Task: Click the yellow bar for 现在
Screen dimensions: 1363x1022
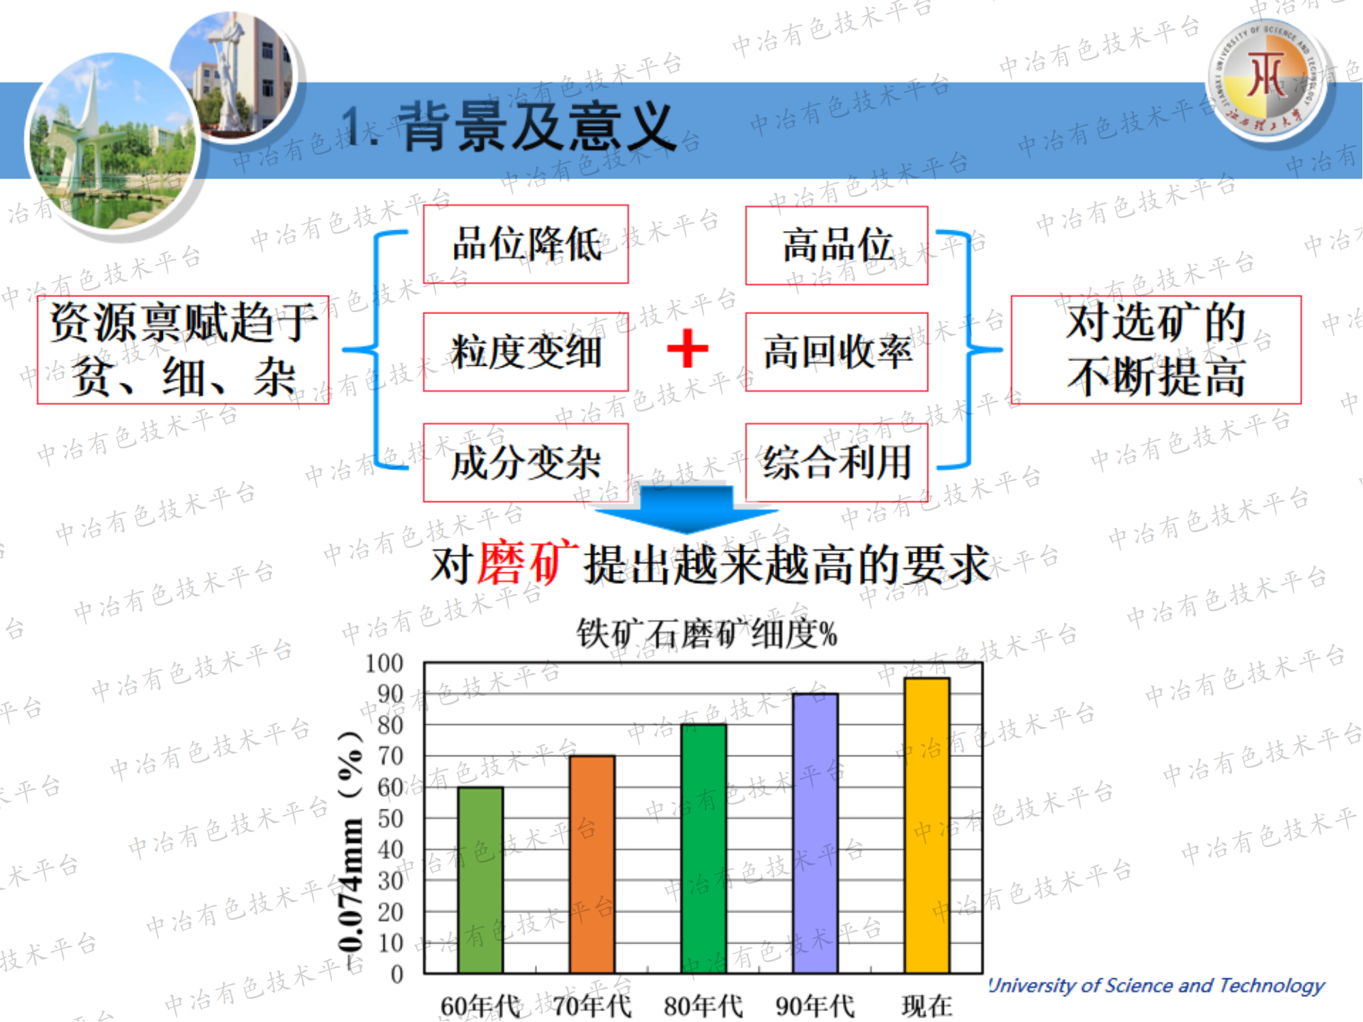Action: (x=927, y=825)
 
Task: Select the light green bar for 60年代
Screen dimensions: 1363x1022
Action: (x=480, y=880)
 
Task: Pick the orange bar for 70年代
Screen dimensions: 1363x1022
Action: (x=592, y=864)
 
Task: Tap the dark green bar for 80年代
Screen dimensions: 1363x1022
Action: (x=704, y=848)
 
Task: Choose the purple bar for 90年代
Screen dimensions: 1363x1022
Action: (x=816, y=833)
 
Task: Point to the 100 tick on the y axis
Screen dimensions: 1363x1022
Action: (x=384, y=663)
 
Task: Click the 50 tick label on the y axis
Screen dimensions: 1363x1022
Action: (x=390, y=818)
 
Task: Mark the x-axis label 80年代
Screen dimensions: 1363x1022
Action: (x=703, y=1006)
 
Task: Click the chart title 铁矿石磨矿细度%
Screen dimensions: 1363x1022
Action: (x=707, y=634)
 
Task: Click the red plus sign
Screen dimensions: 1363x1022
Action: (x=688, y=348)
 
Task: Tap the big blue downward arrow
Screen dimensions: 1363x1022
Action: (x=686, y=508)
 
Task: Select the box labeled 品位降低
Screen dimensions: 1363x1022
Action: (x=526, y=244)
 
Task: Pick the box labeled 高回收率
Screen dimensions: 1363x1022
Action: (x=837, y=352)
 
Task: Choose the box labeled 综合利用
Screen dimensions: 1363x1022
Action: (x=837, y=463)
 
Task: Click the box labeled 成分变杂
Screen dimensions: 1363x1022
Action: (x=526, y=463)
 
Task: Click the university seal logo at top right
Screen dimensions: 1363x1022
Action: (x=1267, y=78)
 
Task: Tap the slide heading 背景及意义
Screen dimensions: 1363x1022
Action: (x=537, y=127)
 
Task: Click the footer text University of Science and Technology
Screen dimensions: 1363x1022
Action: (x=1157, y=985)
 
